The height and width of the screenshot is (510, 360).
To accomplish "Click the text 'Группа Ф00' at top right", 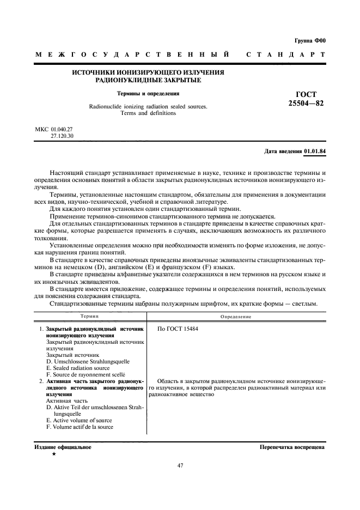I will point(309,41).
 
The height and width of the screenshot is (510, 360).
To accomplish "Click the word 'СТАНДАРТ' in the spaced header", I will point(286,55).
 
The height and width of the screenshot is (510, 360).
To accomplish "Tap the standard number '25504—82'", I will point(306,103).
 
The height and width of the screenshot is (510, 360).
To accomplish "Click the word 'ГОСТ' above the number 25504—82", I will point(306,94).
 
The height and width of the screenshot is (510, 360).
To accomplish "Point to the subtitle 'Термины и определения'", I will point(148,93).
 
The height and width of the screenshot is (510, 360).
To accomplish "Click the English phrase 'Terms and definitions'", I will point(148,113).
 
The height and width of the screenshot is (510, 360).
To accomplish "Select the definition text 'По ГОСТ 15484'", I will point(177,330).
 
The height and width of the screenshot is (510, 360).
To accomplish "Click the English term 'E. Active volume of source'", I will point(78,421).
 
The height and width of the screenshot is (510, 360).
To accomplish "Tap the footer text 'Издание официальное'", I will point(63,447).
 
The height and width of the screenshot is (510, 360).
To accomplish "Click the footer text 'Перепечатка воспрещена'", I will point(292,447).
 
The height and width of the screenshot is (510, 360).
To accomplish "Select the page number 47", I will point(180,465).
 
